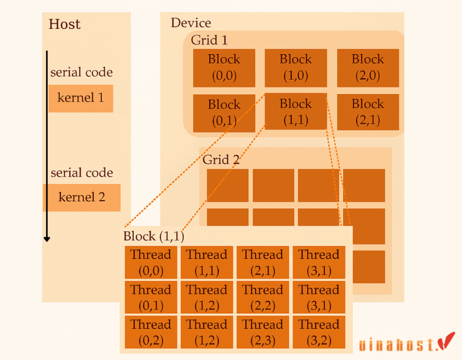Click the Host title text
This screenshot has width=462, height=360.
(x=64, y=24)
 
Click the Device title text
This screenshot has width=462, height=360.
(x=191, y=23)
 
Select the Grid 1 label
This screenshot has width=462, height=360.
(x=209, y=40)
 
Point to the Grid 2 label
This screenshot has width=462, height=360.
(x=221, y=159)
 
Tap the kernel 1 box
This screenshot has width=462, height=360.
(x=81, y=98)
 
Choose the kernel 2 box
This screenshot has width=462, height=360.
(x=82, y=197)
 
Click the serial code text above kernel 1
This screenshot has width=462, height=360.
(x=82, y=72)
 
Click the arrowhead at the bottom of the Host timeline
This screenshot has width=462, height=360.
(x=46, y=238)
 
